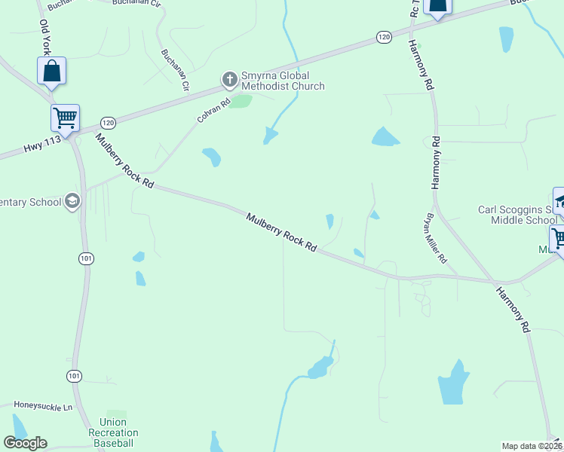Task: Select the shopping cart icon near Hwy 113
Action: [66, 118]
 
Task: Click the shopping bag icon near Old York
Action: [51, 72]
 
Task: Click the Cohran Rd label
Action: [213, 111]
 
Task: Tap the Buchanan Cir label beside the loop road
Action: [175, 70]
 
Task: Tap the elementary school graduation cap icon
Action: [72, 202]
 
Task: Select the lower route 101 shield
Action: [74, 376]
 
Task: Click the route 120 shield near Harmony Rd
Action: [384, 37]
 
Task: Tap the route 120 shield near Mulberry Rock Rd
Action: [109, 122]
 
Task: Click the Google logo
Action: [25, 443]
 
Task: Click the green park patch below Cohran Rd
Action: [241, 101]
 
